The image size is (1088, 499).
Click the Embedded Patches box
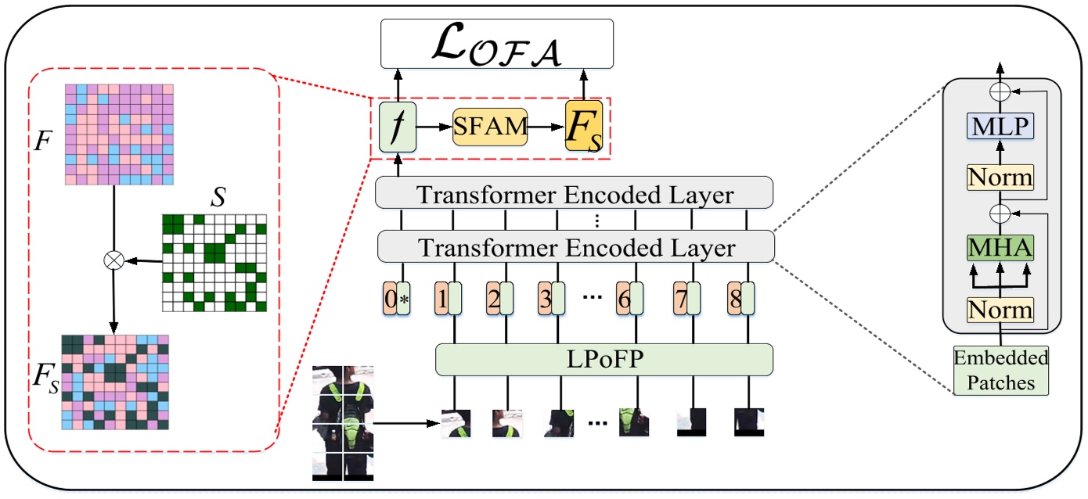[x=1001, y=371]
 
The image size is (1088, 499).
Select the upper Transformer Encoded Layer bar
[x=575, y=194]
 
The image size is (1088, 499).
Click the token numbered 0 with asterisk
[x=397, y=299]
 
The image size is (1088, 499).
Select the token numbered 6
[x=629, y=299]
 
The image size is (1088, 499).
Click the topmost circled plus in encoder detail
[x=997, y=91]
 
